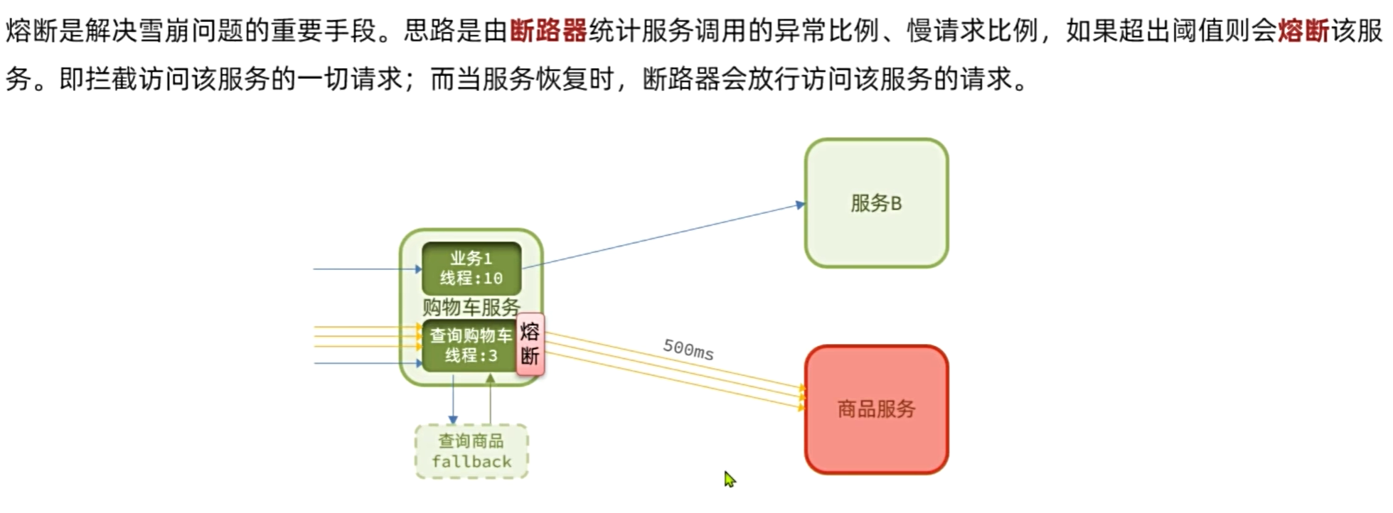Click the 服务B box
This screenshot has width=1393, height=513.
point(876,203)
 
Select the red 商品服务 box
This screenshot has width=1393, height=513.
point(876,409)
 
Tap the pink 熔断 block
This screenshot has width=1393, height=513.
point(530,344)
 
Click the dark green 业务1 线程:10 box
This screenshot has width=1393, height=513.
point(471,269)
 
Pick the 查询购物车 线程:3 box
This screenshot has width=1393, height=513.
point(469,346)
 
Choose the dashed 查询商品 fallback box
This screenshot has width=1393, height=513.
point(471,452)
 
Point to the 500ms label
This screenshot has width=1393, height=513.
point(688,349)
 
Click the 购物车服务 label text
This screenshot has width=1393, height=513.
point(471,307)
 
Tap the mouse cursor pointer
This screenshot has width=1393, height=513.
point(729,479)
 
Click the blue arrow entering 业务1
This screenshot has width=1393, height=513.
point(366,269)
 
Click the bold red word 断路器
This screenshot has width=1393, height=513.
point(548,31)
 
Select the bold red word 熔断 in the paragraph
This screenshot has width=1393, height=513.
point(1303,31)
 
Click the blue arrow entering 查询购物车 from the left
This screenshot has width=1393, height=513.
point(366,363)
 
